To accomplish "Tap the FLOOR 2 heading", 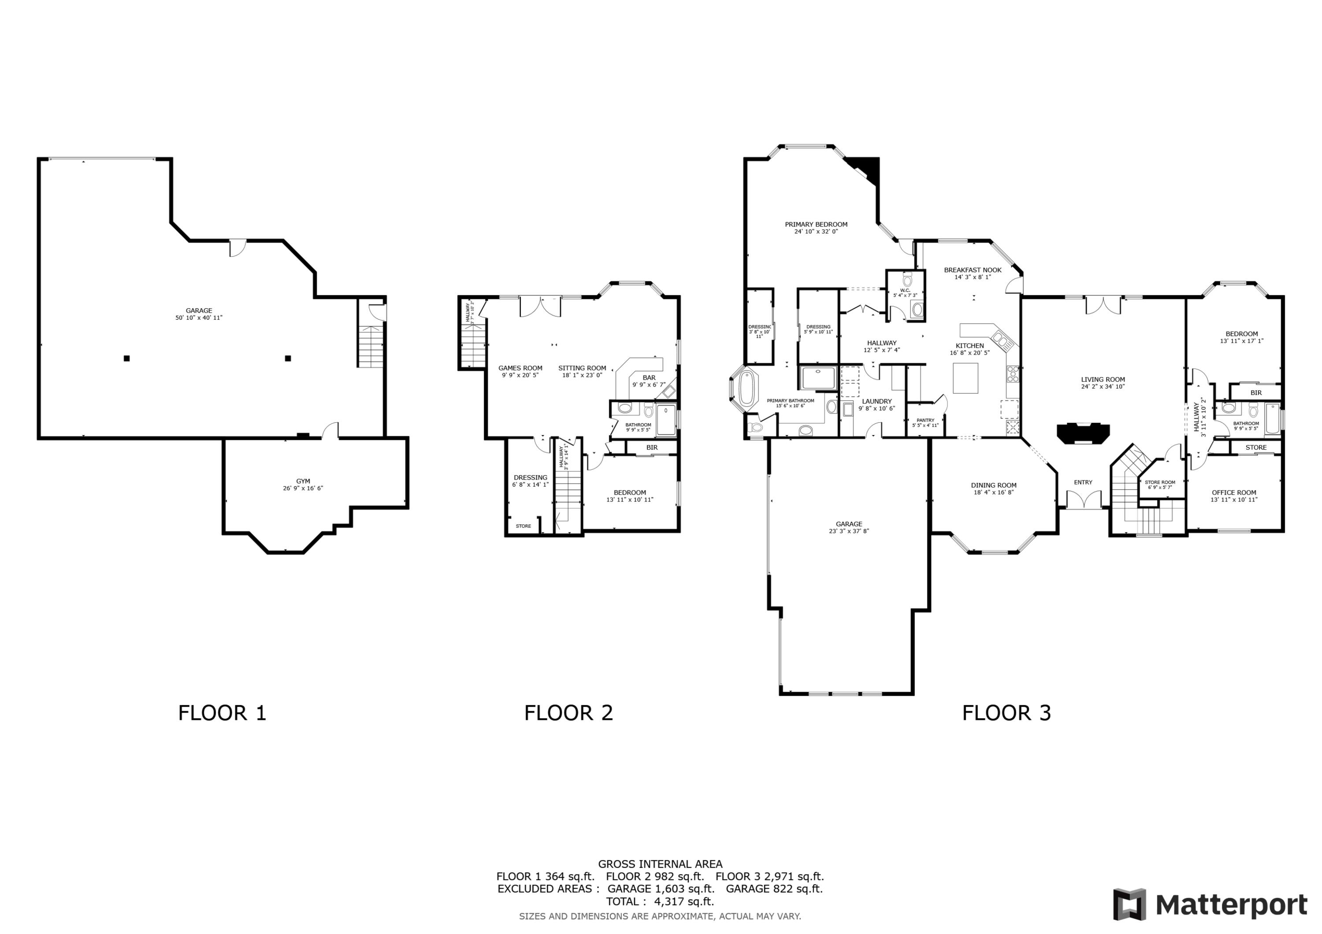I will coord(568,713).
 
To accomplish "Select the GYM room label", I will coord(303,481).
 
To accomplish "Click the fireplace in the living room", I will coord(1082,433).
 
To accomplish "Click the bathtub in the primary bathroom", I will coord(746,388).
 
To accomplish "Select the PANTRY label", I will coord(925,420).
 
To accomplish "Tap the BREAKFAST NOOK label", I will coord(973,270).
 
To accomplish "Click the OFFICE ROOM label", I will coord(1234,493).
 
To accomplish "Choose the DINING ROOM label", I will coord(994,485).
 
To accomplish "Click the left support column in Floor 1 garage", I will coord(126,358).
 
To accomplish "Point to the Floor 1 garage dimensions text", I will coord(199,317).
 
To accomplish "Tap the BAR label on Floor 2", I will coord(649,377).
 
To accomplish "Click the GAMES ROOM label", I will coord(520,368).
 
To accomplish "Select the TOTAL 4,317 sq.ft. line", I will coord(660,901).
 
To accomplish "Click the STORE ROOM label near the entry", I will coord(1160,482).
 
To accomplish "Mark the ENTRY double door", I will coord(1084,499).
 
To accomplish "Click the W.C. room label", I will coord(905,290).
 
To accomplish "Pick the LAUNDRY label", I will coord(876,401).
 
